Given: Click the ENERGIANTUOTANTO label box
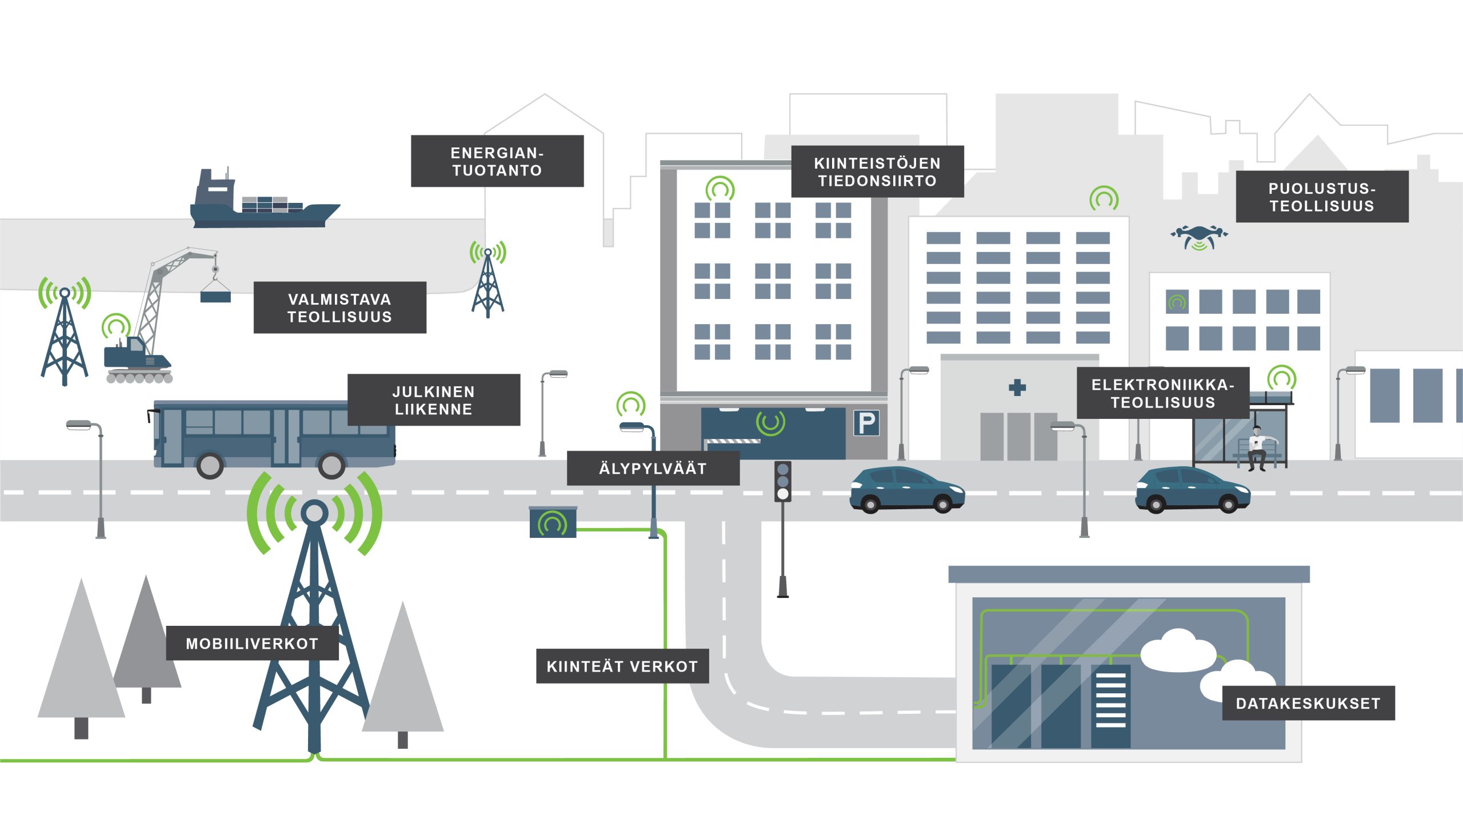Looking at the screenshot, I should pyautogui.click(x=497, y=161).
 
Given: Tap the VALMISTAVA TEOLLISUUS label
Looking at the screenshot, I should pyautogui.click(x=339, y=307).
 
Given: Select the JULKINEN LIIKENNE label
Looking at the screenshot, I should pyautogui.click(x=434, y=400).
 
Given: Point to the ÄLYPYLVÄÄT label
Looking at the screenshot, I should pyautogui.click(x=653, y=469).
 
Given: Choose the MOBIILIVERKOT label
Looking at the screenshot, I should pyautogui.click(x=252, y=644).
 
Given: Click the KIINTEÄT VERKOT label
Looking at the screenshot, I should pyautogui.click(x=622, y=666).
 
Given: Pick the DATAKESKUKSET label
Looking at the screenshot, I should pyautogui.click(x=1308, y=703).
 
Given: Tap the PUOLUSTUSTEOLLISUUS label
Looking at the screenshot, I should pyautogui.click(x=1322, y=197).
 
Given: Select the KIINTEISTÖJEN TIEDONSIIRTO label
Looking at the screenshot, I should pyautogui.click(x=877, y=172).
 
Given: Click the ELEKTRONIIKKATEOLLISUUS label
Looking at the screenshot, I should pyautogui.click(x=1163, y=393).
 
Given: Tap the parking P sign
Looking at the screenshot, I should pyautogui.click(x=866, y=424).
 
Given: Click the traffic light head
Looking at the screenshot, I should pyautogui.click(x=783, y=481).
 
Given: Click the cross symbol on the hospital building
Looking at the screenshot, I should pyautogui.click(x=1017, y=387).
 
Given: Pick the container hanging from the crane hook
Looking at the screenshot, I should pyautogui.click(x=215, y=296).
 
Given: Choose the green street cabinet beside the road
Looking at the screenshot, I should pyautogui.click(x=553, y=522).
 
